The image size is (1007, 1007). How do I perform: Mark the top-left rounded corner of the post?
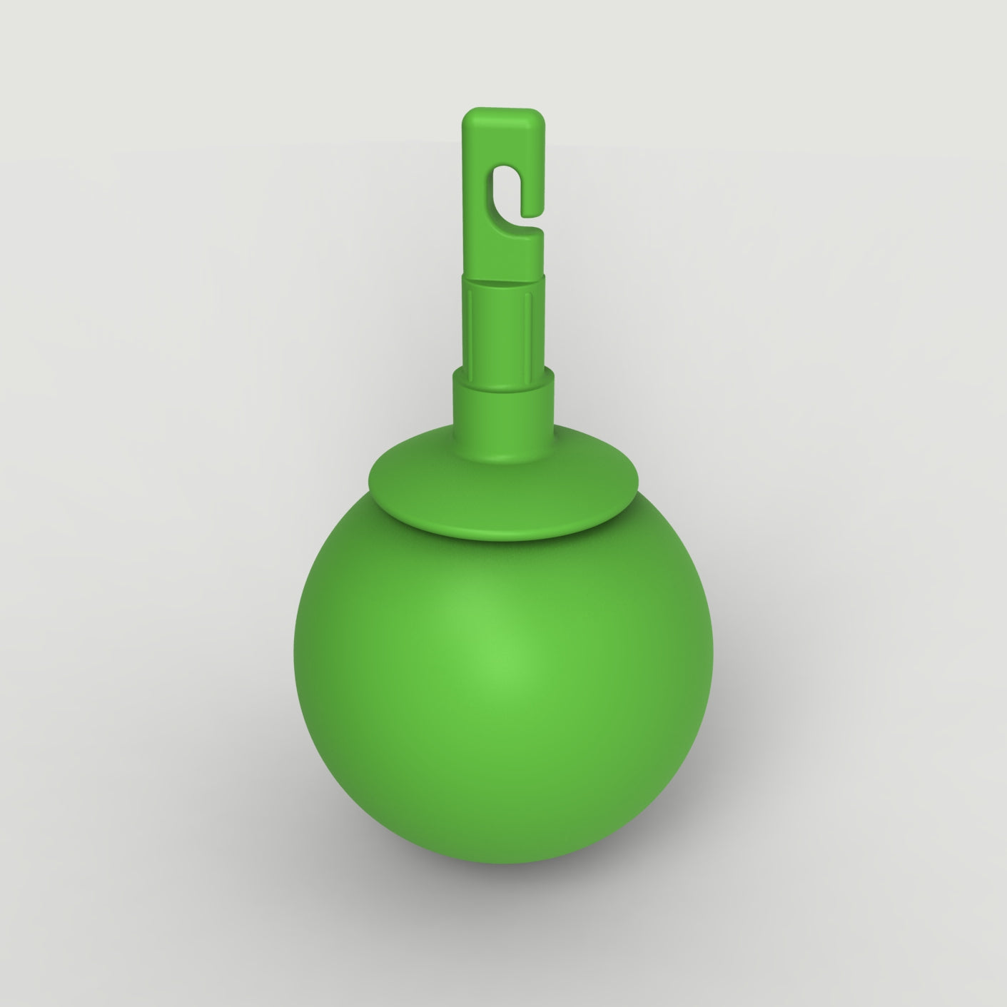point(467,113)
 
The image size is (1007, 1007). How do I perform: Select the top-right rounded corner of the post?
point(541,113)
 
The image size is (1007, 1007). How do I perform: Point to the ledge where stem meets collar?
point(503,372)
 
